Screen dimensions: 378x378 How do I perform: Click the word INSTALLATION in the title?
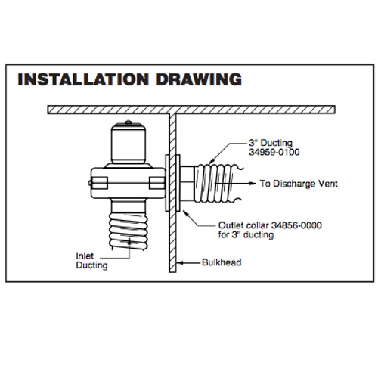tap(83, 79)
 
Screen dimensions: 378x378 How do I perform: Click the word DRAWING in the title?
tap(199, 79)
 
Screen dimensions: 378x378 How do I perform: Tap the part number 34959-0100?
tap(274, 152)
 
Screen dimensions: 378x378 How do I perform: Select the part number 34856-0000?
tap(296, 225)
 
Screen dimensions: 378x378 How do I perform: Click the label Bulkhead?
tap(222, 262)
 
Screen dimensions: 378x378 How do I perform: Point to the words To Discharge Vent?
tap(299, 184)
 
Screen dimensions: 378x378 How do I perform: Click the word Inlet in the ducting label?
tap(85, 256)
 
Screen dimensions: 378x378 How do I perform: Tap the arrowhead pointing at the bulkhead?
tap(180, 262)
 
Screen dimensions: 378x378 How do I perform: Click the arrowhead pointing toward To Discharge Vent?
tap(253, 183)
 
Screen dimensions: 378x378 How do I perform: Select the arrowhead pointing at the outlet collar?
tap(185, 213)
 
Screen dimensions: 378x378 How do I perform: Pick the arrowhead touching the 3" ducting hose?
tap(212, 160)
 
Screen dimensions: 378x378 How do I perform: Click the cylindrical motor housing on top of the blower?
tap(129, 144)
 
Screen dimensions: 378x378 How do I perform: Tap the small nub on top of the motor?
tap(129, 122)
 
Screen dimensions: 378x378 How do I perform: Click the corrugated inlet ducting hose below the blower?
tap(128, 231)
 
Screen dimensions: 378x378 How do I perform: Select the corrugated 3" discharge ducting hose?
tap(217, 183)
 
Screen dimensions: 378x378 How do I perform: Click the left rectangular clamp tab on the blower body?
tap(100, 183)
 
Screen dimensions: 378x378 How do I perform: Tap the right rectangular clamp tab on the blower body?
tap(156, 183)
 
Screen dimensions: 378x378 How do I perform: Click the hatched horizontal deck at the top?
tap(191, 110)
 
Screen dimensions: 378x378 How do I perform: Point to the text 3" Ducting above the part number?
tap(271, 143)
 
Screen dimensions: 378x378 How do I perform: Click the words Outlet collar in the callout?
tap(243, 225)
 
